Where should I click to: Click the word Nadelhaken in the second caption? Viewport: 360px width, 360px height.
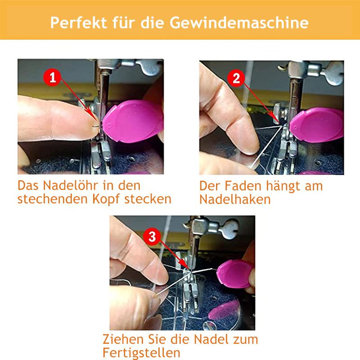235,199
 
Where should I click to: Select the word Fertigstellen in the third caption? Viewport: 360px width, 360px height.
141,352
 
